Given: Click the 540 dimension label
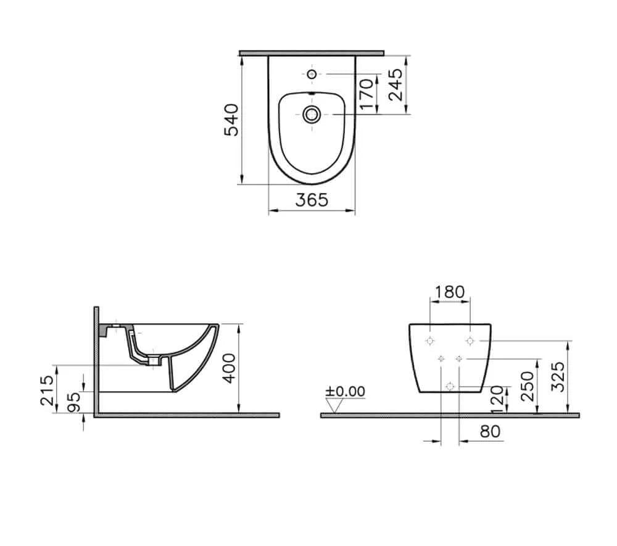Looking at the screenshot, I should pos(230,120).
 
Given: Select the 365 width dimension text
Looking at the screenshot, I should pos(311,200).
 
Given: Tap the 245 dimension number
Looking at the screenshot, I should pos(395,85).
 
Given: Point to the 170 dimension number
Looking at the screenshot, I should pos(366,94).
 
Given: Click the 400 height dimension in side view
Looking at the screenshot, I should pos(229,368).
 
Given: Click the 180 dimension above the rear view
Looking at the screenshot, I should pos(449,292).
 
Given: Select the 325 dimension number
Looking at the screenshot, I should pos(557,376).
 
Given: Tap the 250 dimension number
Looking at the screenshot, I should pos(528,386).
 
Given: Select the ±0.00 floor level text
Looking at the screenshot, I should pos(346,391).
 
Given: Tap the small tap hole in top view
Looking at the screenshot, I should pos(312,75).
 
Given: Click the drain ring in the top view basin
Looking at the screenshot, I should pos(312,114).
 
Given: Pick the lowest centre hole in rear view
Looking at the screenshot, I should pos(450,386).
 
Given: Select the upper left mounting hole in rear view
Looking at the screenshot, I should pos(430,341).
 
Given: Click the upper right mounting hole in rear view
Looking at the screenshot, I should pos(470,341).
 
